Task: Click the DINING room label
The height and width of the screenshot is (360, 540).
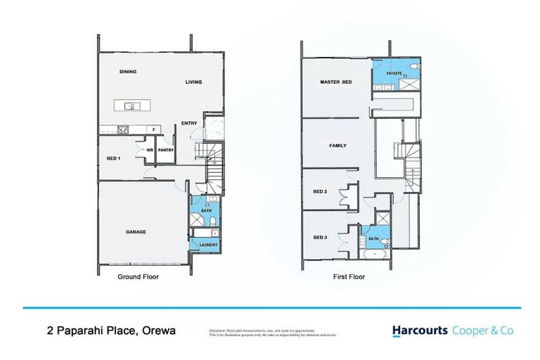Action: pos(127,72)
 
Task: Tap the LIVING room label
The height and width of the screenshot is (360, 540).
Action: pos(193,82)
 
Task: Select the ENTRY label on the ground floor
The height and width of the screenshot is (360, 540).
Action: pos(188,124)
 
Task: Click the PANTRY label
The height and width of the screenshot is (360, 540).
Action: pos(166,150)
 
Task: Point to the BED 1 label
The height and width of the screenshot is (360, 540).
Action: pos(114,159)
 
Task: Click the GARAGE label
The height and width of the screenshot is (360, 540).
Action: pos(136,231)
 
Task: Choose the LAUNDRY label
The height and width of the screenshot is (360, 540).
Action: pos(209,245)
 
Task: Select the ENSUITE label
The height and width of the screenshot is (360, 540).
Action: pos(394,72)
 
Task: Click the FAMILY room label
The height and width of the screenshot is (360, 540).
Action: pos(338,146)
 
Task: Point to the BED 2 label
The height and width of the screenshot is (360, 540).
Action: pos(319,191)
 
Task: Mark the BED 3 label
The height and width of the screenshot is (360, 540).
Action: pos(319,237)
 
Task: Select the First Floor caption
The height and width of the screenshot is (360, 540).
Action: pos(349,277)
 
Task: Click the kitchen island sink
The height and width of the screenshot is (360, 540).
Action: pos(129,106)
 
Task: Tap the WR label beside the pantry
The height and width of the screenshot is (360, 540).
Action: pos(150,150)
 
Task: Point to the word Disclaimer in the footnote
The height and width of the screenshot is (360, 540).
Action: pos(219,329)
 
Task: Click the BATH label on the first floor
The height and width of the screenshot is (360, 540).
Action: pos(373,238)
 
